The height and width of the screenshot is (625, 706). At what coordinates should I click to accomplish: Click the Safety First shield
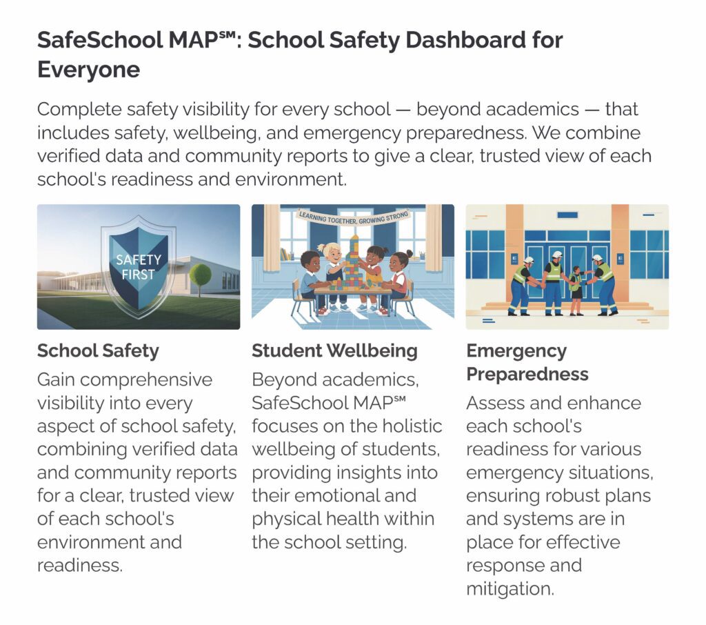coord(138,266)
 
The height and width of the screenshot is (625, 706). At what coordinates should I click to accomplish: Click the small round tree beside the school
coord(201,274)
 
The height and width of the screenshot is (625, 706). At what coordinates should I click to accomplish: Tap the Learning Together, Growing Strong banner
coord(353,221)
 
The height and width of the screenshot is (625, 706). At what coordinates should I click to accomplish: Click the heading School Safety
coord(98,350)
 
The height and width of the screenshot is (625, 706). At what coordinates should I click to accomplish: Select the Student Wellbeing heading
coord(334,350)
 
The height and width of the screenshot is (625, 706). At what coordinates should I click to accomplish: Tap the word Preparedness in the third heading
coord(527,374)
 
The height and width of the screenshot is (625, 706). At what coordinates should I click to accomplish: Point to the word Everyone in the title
coord(88,70)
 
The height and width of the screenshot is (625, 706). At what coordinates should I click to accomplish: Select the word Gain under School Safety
coord(59,380)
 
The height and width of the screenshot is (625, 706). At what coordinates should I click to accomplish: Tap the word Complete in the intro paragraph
coord(79,110)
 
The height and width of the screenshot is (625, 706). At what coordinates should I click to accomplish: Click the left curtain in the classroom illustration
coord(270,238)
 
